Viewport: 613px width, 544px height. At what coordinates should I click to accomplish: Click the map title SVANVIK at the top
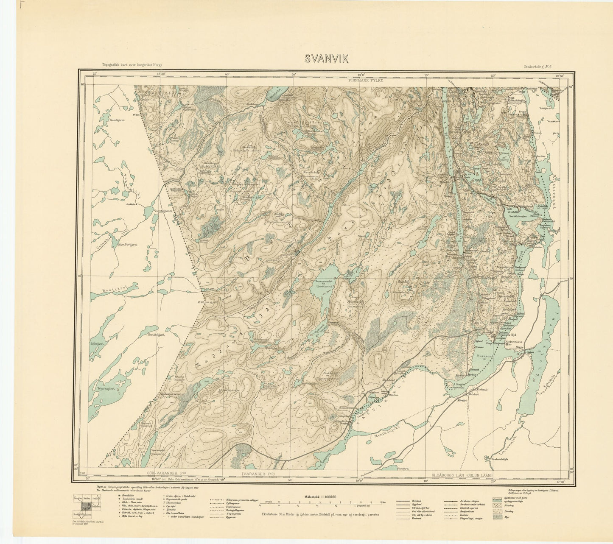(326, 59)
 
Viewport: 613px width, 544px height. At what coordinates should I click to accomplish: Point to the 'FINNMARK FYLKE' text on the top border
(365, 80)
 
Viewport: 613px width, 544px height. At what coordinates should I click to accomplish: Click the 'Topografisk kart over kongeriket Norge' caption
(132, 65)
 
